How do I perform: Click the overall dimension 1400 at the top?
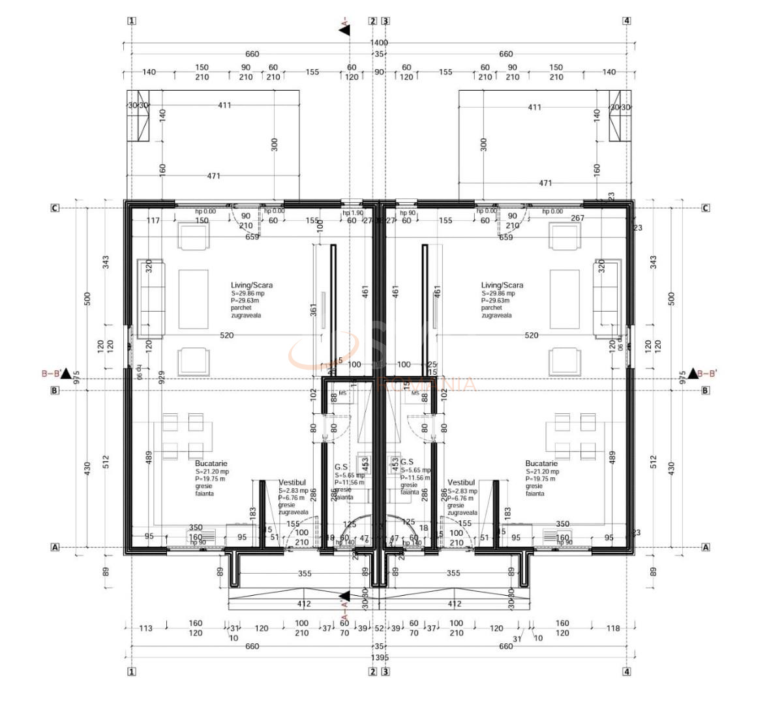(x=379, y=43)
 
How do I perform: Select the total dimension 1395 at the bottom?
(x=379, y=657)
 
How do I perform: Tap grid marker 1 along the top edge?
(x=132, y=20)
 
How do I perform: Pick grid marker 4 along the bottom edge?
(x=627, y=671)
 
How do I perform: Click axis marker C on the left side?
(x=55, y=208)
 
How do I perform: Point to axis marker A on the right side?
(x=705, y=548)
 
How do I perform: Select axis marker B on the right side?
(x=705, y=390)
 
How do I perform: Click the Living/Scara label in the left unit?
(x=251, y=285)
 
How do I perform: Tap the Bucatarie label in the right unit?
(x=541, y=463)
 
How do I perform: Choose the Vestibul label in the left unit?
(x=292, y=483)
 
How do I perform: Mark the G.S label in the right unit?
(x=406, y=461)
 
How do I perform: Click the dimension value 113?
(x=145, y=628)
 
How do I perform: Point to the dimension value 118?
(x=612, y=628)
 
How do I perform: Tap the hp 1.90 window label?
(x=353, y=213)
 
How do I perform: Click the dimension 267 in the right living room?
(x=577, y=218)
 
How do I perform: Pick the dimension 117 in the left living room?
(x=153, y=220)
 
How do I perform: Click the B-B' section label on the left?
(x=52, y=374)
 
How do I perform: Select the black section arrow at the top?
(x=344, y=29)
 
